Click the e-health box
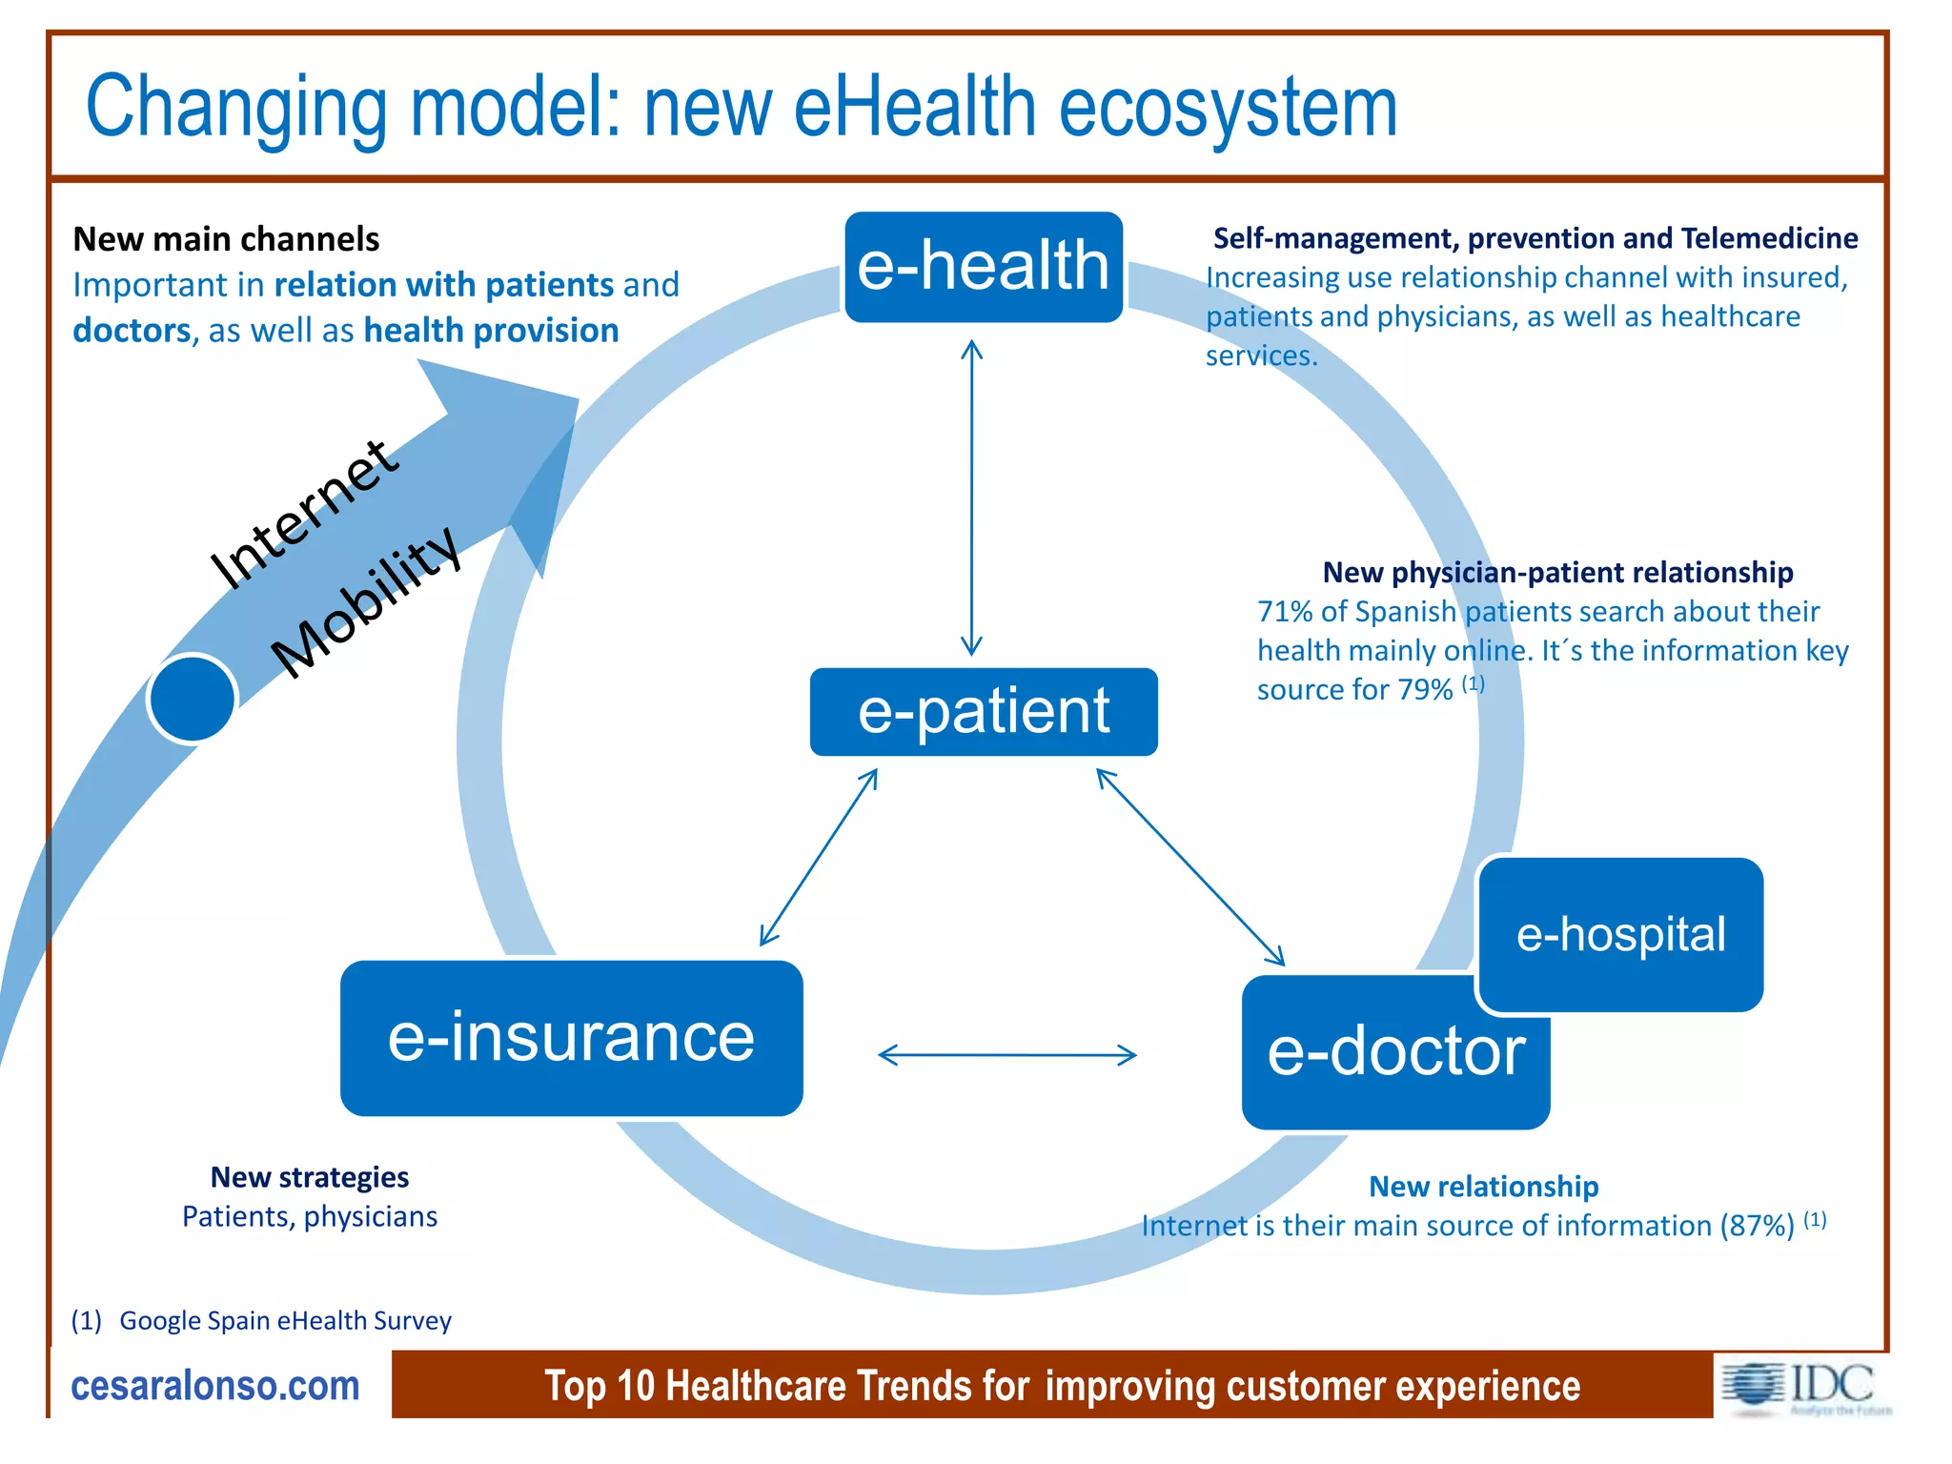[983, 266]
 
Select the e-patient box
[983, 711]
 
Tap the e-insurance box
[571, 1037]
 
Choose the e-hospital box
[1620, 934]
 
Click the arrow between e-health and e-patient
[971, 496]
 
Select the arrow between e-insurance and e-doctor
[1006, 1054]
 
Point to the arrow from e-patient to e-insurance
[819, 857]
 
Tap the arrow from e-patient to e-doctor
[1190, 866]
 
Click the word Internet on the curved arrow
[303, 515]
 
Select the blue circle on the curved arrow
[193, 698]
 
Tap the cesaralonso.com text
[215, 1385]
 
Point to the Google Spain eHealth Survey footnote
[284, 1320]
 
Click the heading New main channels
[226, 238]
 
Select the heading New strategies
[309, 1177]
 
